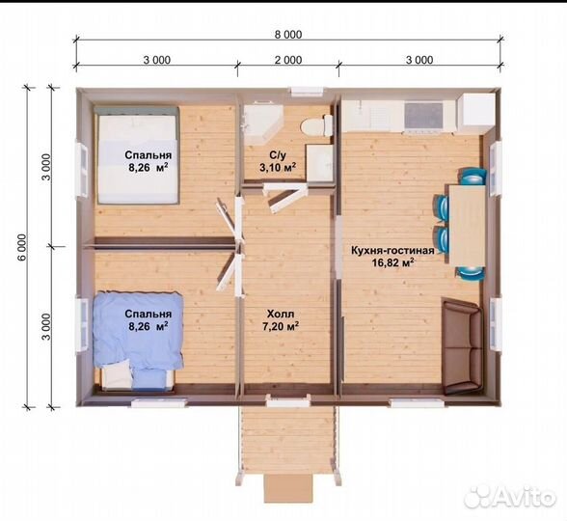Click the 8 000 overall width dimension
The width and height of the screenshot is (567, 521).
[x=288, y=35]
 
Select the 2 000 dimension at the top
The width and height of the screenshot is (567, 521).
[x=288, y=60]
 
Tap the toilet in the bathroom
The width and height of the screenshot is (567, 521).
[x=316, y=125]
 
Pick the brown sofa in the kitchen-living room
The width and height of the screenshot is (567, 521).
[x=462, y=345]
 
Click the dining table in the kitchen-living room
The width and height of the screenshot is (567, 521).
[x=467, y=225]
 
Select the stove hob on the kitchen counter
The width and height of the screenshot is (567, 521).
[x=424, y=116]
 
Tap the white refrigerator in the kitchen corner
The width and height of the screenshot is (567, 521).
[x=476, y=113]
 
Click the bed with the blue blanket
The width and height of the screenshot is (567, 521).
[x=138, y=340]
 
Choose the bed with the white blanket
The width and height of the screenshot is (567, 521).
[x=137, y=153]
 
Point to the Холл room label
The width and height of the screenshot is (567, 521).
[x=281, y=314]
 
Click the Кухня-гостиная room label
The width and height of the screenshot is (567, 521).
[x=392, y=251]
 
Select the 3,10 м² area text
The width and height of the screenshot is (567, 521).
[x=278, y=167]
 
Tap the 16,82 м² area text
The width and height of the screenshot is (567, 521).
[x=392, y=262]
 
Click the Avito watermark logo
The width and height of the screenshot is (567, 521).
[x=510, y=497]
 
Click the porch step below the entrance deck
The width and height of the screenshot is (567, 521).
[x=288, y=488]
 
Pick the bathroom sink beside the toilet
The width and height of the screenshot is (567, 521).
[x=320, y=162]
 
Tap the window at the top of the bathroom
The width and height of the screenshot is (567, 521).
[x=307, y=92]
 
